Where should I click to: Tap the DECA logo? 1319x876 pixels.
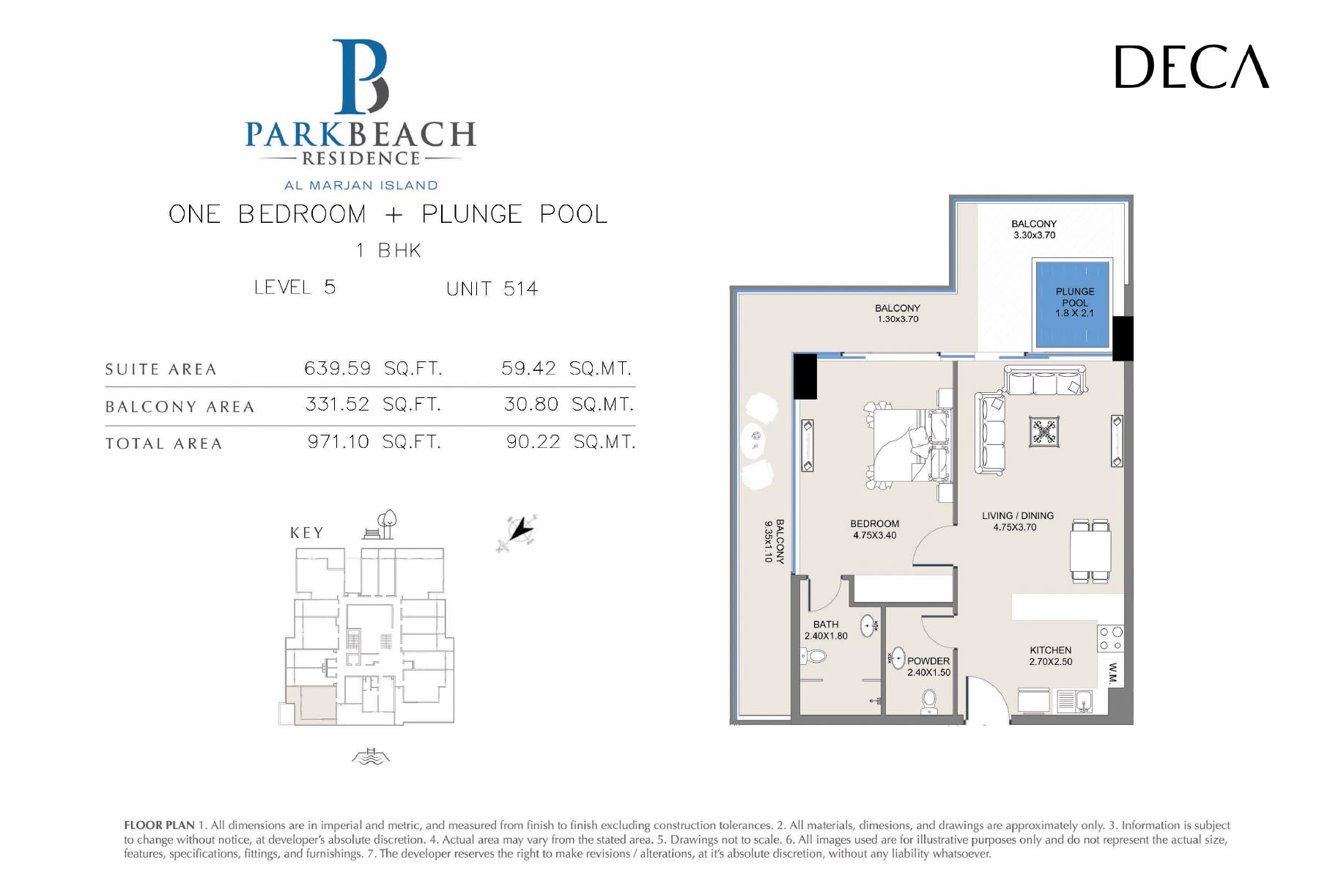click(x=1192, y=67)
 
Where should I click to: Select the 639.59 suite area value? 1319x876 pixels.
click(x=337, y=368)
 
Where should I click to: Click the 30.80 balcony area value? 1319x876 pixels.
click(x=531, y=404)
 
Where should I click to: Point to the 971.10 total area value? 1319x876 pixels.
click(x=339, y=441)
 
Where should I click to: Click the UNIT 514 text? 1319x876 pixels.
click(x=492, y=289)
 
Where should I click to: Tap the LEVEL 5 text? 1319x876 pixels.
click(x=295, y=287)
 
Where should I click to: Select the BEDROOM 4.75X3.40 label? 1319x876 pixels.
click(x=875, y=529)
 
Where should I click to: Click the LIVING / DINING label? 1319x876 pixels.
click(x=1018, y=515)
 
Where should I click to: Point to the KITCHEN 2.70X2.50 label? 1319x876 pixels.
click(x=1051, y=655)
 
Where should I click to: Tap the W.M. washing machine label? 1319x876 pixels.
click(x=1113, y=674)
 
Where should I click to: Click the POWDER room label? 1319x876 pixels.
click(x=928, y=660)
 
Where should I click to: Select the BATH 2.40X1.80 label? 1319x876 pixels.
click(x=826, y=630)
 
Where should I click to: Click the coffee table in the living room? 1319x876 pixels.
click(x=1043, y=432)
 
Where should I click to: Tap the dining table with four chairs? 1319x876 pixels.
click(x=1090, y=551)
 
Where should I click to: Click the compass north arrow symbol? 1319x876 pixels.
click(x=518, y=531)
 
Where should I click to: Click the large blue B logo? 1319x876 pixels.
click(x=361, y=76)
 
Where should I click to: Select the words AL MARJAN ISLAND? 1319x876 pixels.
click(x=361, y=185)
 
